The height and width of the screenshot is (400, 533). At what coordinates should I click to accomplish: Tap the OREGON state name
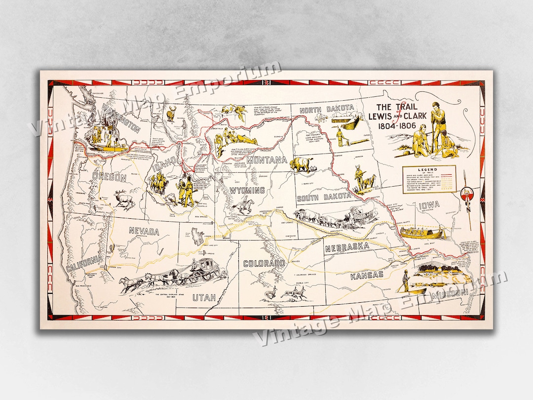click(110, 177)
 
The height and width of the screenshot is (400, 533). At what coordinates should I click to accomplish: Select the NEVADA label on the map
click(144, 231)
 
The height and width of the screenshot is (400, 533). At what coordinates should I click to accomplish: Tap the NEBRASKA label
click(347, 246)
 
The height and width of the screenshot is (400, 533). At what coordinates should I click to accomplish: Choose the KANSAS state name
click(367, 275)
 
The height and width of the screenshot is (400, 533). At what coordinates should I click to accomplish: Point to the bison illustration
click(302, 164)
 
